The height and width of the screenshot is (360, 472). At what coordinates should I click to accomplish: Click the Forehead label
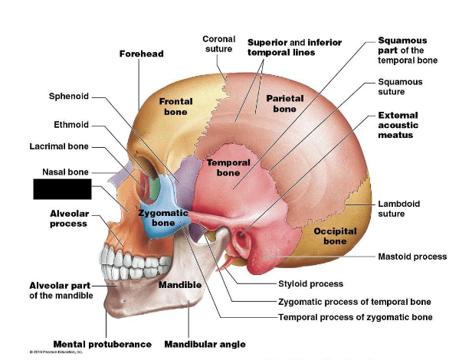pyautogui.click(x=142, y=54)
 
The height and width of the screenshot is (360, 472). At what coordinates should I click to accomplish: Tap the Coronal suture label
pyautogui.click(x=218, y=44)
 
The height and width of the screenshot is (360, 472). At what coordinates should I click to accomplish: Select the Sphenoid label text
pyautogui.click(x=69, y=97)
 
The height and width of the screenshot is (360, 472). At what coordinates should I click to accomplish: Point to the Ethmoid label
pyautogui.click(x=71, y=124)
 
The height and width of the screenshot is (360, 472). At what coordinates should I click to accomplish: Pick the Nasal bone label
pyautogui.click(x=65, y=172)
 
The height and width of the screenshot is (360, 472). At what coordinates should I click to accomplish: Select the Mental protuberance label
pyautogui.click(x=102, y=344)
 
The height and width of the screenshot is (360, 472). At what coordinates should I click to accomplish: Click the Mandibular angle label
pyautogui.click(x=205, y=344)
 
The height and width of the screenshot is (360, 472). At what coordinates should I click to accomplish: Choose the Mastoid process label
pyautogui.click(x=413, y=257)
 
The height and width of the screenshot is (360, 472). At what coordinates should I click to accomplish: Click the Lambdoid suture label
pyautogui.click(x=399, y=209)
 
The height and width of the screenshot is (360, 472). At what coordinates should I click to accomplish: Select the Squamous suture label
pyautogui.click(x=400, y=87)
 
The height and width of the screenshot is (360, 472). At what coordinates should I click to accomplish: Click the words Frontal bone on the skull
pyautogui.click(x=175, y=106)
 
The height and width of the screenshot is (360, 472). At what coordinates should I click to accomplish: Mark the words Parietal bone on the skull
pyautogui.click(x=285, y=103)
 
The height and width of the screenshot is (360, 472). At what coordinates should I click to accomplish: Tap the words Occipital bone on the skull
pyautogui.click(x=335, y=236)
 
